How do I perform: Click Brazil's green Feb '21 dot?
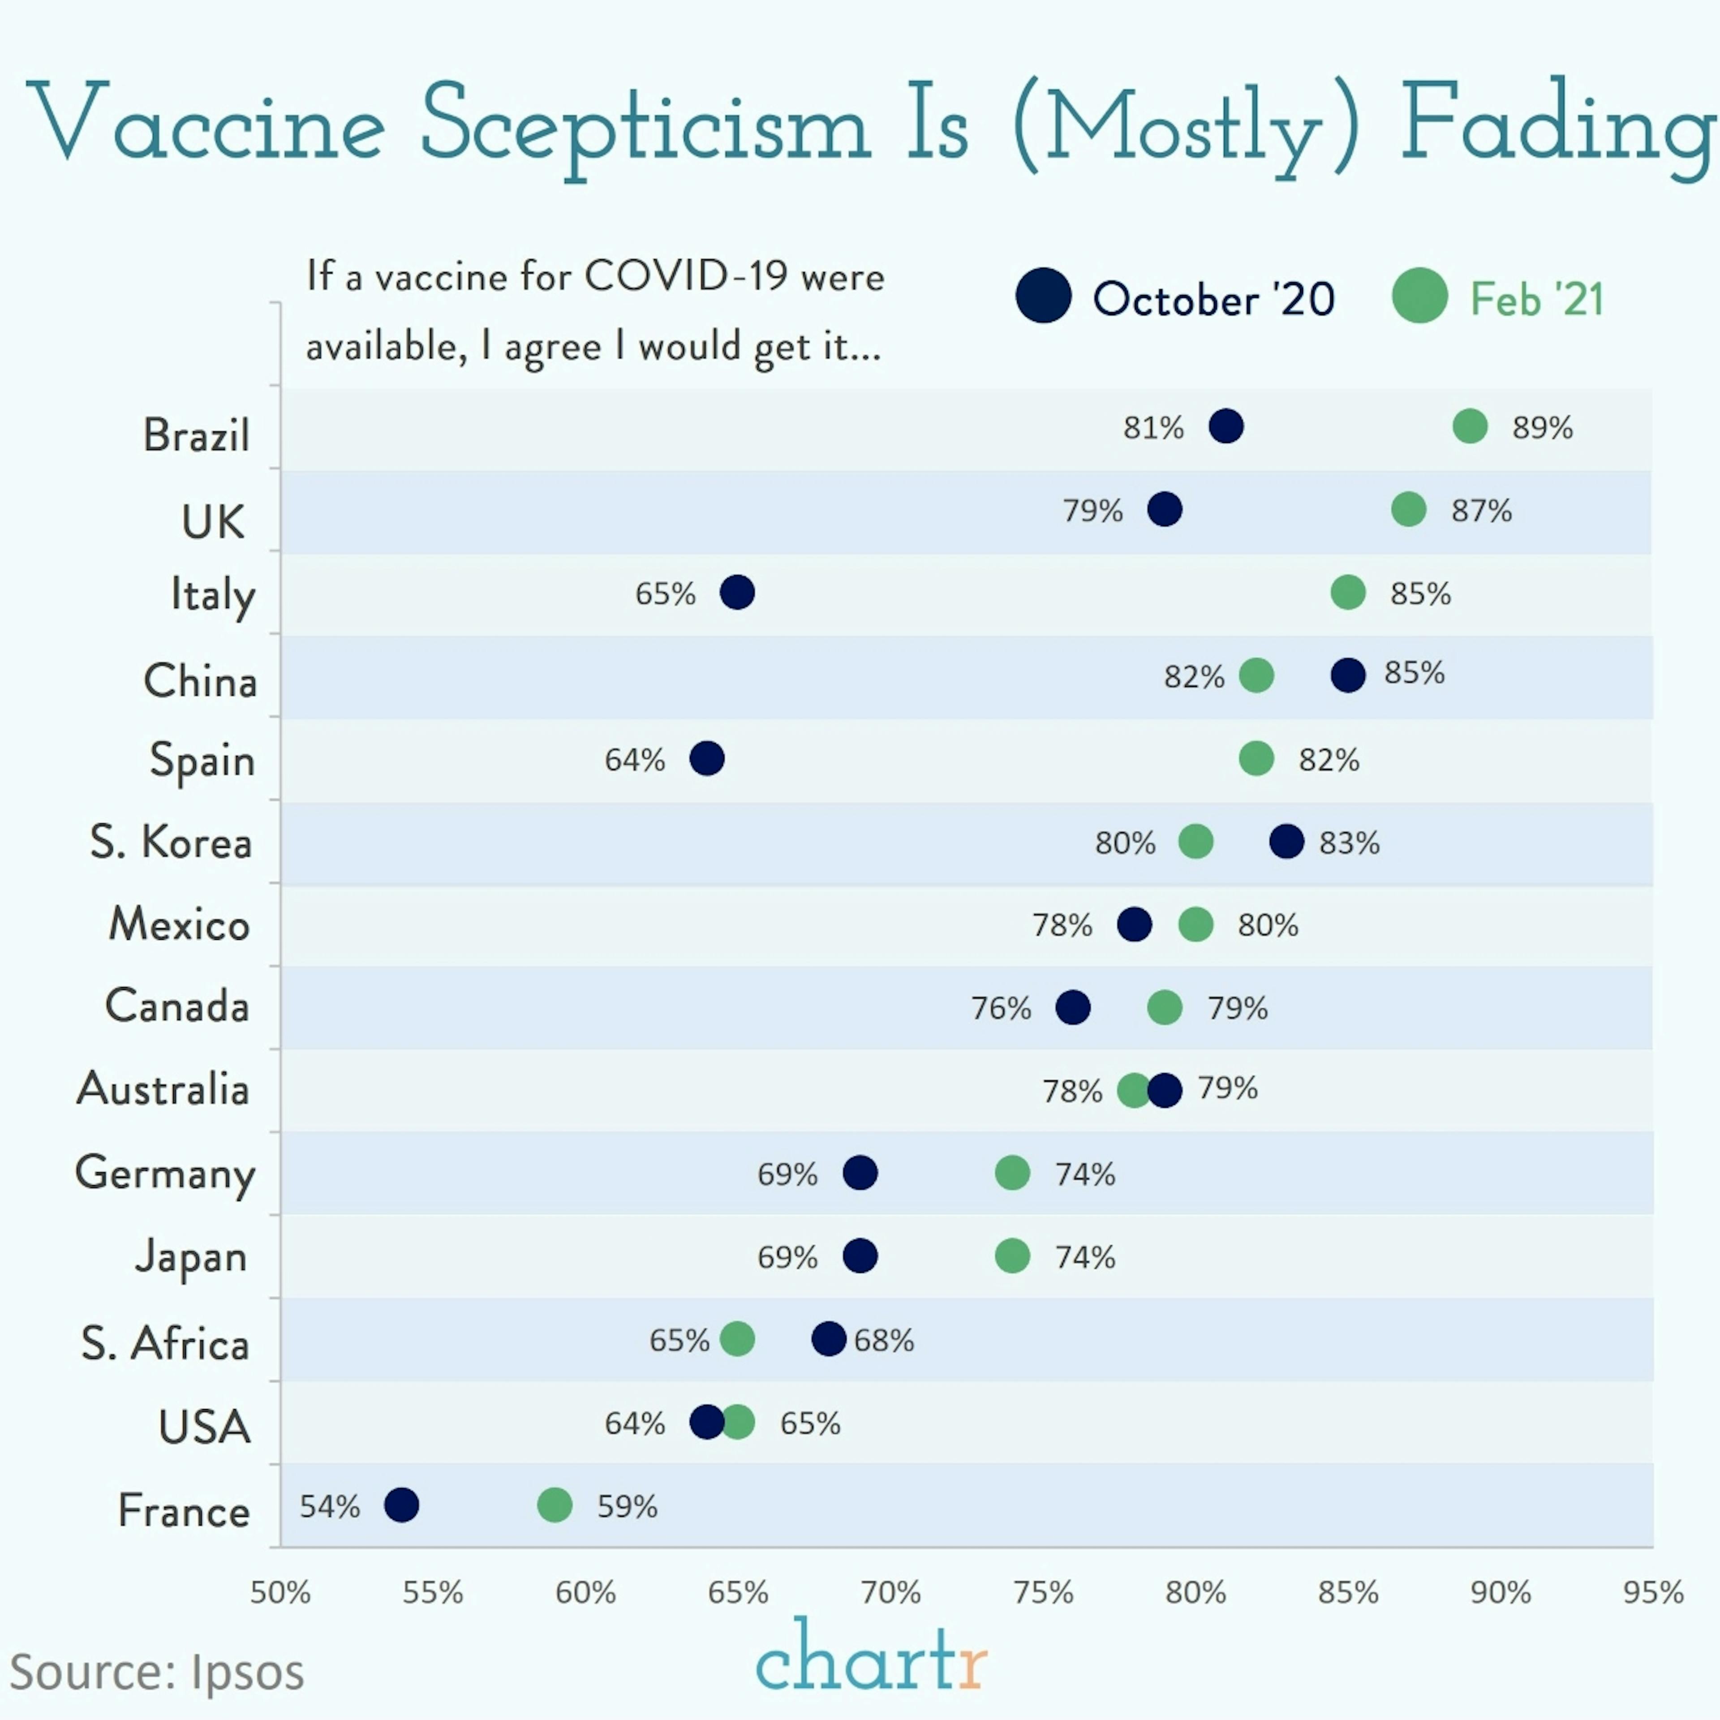[1470, 426]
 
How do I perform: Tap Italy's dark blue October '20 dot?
[737, 592]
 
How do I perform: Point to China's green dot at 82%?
[1256, 675]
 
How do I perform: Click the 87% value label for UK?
[1481, 511]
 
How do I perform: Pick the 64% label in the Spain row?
[635, 760]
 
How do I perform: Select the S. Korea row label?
[171, 842]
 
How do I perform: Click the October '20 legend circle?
[1043, 296]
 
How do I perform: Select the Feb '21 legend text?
[1537, 299]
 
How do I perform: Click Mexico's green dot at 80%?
[1195, 924]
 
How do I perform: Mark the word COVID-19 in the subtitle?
[685, 277]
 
